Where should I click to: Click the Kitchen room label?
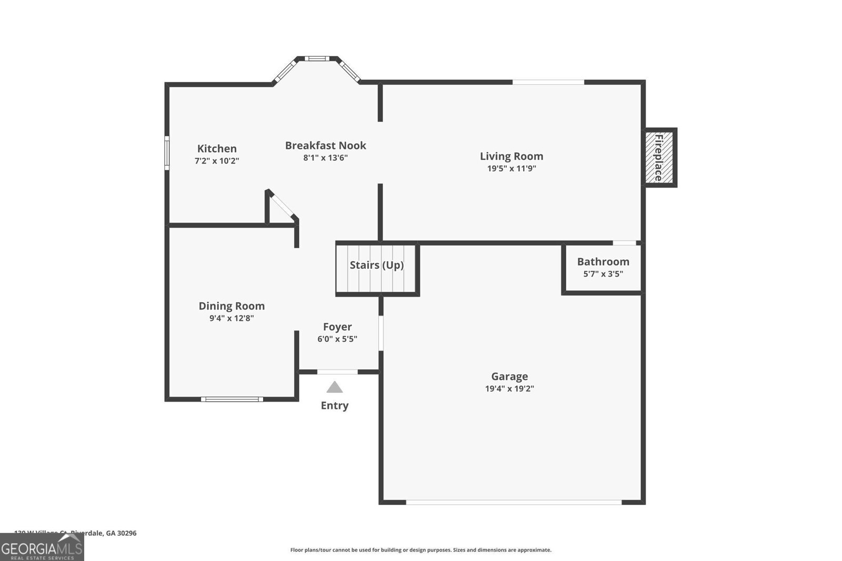[217, 149]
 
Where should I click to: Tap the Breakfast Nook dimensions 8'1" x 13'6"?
[325, 158]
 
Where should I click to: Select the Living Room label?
[511, 156]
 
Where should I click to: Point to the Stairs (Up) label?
[377, 265]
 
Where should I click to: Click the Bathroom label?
[603, 262]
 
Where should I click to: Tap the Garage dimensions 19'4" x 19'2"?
[509, 389]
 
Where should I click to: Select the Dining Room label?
[232, 306]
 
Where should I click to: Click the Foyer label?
[337, 327]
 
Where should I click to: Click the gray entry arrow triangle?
[335, 388]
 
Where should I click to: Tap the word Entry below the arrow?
[335, 405]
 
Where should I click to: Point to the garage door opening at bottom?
[514, 502]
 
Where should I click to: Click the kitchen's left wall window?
[167, 153]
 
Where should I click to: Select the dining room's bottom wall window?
[232, 399]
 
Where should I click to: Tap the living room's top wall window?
[548, 82]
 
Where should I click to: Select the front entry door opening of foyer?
[337, 372]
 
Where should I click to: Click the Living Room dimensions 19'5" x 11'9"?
[511, 169]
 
